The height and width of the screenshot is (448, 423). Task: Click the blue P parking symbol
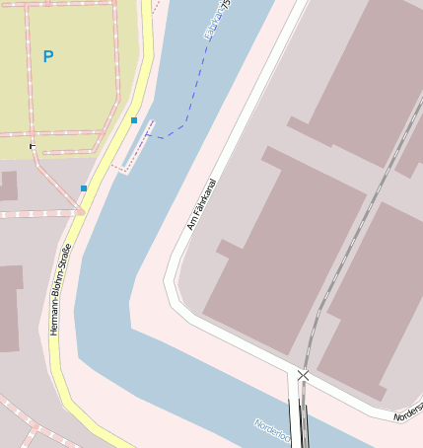48,57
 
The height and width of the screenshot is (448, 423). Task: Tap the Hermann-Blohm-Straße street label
60,288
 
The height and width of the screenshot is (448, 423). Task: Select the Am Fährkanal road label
201,204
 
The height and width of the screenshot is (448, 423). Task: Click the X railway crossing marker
303,375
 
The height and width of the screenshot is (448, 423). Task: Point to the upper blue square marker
134,120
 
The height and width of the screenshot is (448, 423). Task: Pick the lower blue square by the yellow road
84,187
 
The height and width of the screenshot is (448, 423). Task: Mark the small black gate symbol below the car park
33,146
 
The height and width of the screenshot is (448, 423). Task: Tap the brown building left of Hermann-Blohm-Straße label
9,307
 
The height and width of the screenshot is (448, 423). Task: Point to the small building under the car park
8,186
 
